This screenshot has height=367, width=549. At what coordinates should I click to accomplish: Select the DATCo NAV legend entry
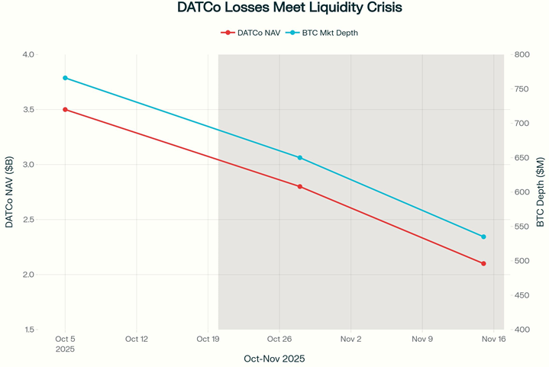point(250,33)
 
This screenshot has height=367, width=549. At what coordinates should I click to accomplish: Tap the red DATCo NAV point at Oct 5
point(65,110)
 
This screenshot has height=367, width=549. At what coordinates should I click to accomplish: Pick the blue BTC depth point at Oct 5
point(65,78)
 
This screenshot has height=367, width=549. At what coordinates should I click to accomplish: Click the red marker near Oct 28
point(299,186)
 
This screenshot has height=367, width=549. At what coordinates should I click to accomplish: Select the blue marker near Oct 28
point(299,158)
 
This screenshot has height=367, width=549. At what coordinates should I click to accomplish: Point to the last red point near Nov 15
point(483,263)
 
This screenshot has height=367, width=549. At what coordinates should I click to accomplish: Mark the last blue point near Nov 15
point(483,237)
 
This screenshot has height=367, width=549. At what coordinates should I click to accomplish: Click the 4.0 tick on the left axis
point(28,55)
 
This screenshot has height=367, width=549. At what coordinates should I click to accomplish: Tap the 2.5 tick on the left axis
point(28,220)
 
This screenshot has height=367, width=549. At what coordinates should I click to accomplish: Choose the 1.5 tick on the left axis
point(28,330)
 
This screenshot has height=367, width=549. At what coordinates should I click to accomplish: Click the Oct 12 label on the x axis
point(136,339)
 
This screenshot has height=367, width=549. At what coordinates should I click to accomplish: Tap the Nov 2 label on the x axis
point(350,339)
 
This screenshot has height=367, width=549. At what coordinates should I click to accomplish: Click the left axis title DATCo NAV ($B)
point(9,192)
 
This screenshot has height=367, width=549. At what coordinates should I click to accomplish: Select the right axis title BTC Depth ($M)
point(541,192)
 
